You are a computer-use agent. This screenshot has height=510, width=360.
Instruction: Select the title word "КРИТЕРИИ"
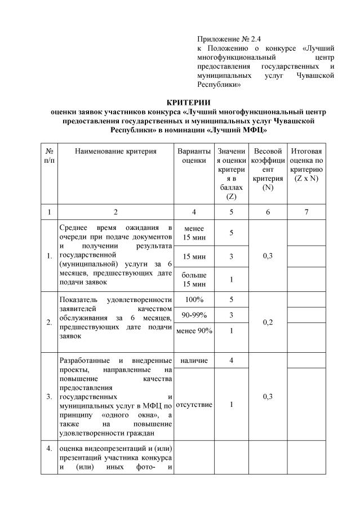(188, 101)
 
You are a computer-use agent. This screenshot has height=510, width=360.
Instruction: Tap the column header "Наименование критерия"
(115, 152)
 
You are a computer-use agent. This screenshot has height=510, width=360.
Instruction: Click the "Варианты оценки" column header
(194, 156)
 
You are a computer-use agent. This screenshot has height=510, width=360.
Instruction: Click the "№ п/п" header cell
(49, 156)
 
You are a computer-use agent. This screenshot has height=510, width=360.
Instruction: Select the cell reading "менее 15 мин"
(194, 232)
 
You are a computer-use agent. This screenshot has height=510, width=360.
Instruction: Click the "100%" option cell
(194, 300)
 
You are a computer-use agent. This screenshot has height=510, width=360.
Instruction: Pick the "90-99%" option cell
(194, 315)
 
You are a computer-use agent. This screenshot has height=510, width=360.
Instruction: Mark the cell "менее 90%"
(194, 331)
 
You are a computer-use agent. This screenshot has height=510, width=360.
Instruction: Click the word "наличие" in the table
(194, 361)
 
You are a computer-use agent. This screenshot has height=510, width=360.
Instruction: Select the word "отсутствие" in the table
(194, 405)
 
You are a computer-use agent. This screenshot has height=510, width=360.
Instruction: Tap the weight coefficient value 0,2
(268, 322)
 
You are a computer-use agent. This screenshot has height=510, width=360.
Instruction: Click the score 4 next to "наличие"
(231, 361)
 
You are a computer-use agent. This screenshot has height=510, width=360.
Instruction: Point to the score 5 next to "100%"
(231, 300)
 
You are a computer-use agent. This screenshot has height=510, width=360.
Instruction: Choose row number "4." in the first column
(49, 449)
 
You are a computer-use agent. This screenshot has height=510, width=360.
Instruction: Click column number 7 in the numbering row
(306, 212)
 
